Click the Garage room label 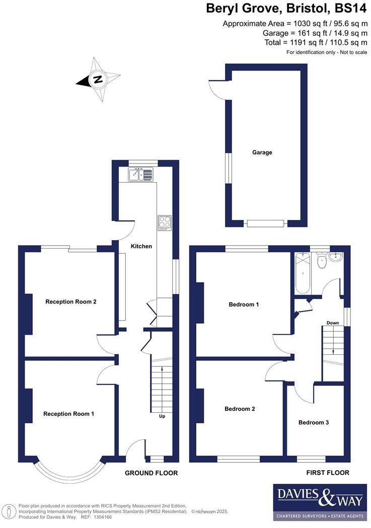tap(262, 153)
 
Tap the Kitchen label tap(141, 246)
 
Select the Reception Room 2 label tap(71, 302)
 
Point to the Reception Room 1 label tap(69, 414)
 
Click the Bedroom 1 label tap(244, 304)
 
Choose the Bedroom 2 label tap(240, 409)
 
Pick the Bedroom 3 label tap(314, 422)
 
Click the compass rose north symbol tap(98, 79)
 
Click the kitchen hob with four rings tap(165, 223)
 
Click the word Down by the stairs tap(332, 323)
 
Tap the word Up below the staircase tap(162, 416)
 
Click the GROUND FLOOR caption tap(152, 473)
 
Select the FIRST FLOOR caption tap(328, 473)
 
